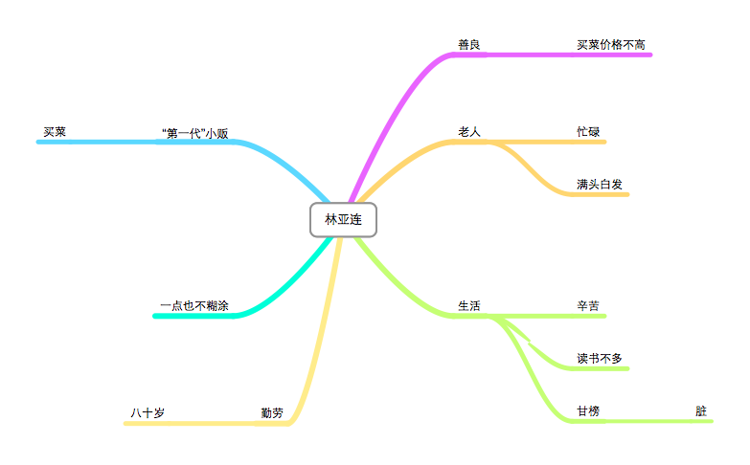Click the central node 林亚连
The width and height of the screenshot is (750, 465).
(344, 220)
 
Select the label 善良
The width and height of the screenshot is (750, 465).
(468, 44)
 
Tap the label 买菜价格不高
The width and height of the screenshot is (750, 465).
(610, 44)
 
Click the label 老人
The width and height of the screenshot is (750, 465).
(468, 131)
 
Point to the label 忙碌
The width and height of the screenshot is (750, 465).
(588, 131)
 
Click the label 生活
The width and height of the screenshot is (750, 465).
(468, 306)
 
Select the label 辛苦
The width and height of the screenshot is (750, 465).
(588, 306)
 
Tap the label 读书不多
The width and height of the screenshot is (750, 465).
(600, 359)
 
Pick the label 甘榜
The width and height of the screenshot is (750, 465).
(588, 411)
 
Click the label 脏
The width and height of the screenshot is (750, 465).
(701, 411)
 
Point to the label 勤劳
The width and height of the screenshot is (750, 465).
(272, 413)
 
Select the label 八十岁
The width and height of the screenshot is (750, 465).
(148, 413)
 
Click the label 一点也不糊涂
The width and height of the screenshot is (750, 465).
(194, 306)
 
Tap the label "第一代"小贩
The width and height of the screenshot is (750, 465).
(195, 133)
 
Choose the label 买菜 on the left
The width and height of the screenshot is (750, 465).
(55, 131)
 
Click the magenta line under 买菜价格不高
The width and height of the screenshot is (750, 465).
(613, 55)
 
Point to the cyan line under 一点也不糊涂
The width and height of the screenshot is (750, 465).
(194, 316)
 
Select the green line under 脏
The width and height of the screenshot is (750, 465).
(670, 421)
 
